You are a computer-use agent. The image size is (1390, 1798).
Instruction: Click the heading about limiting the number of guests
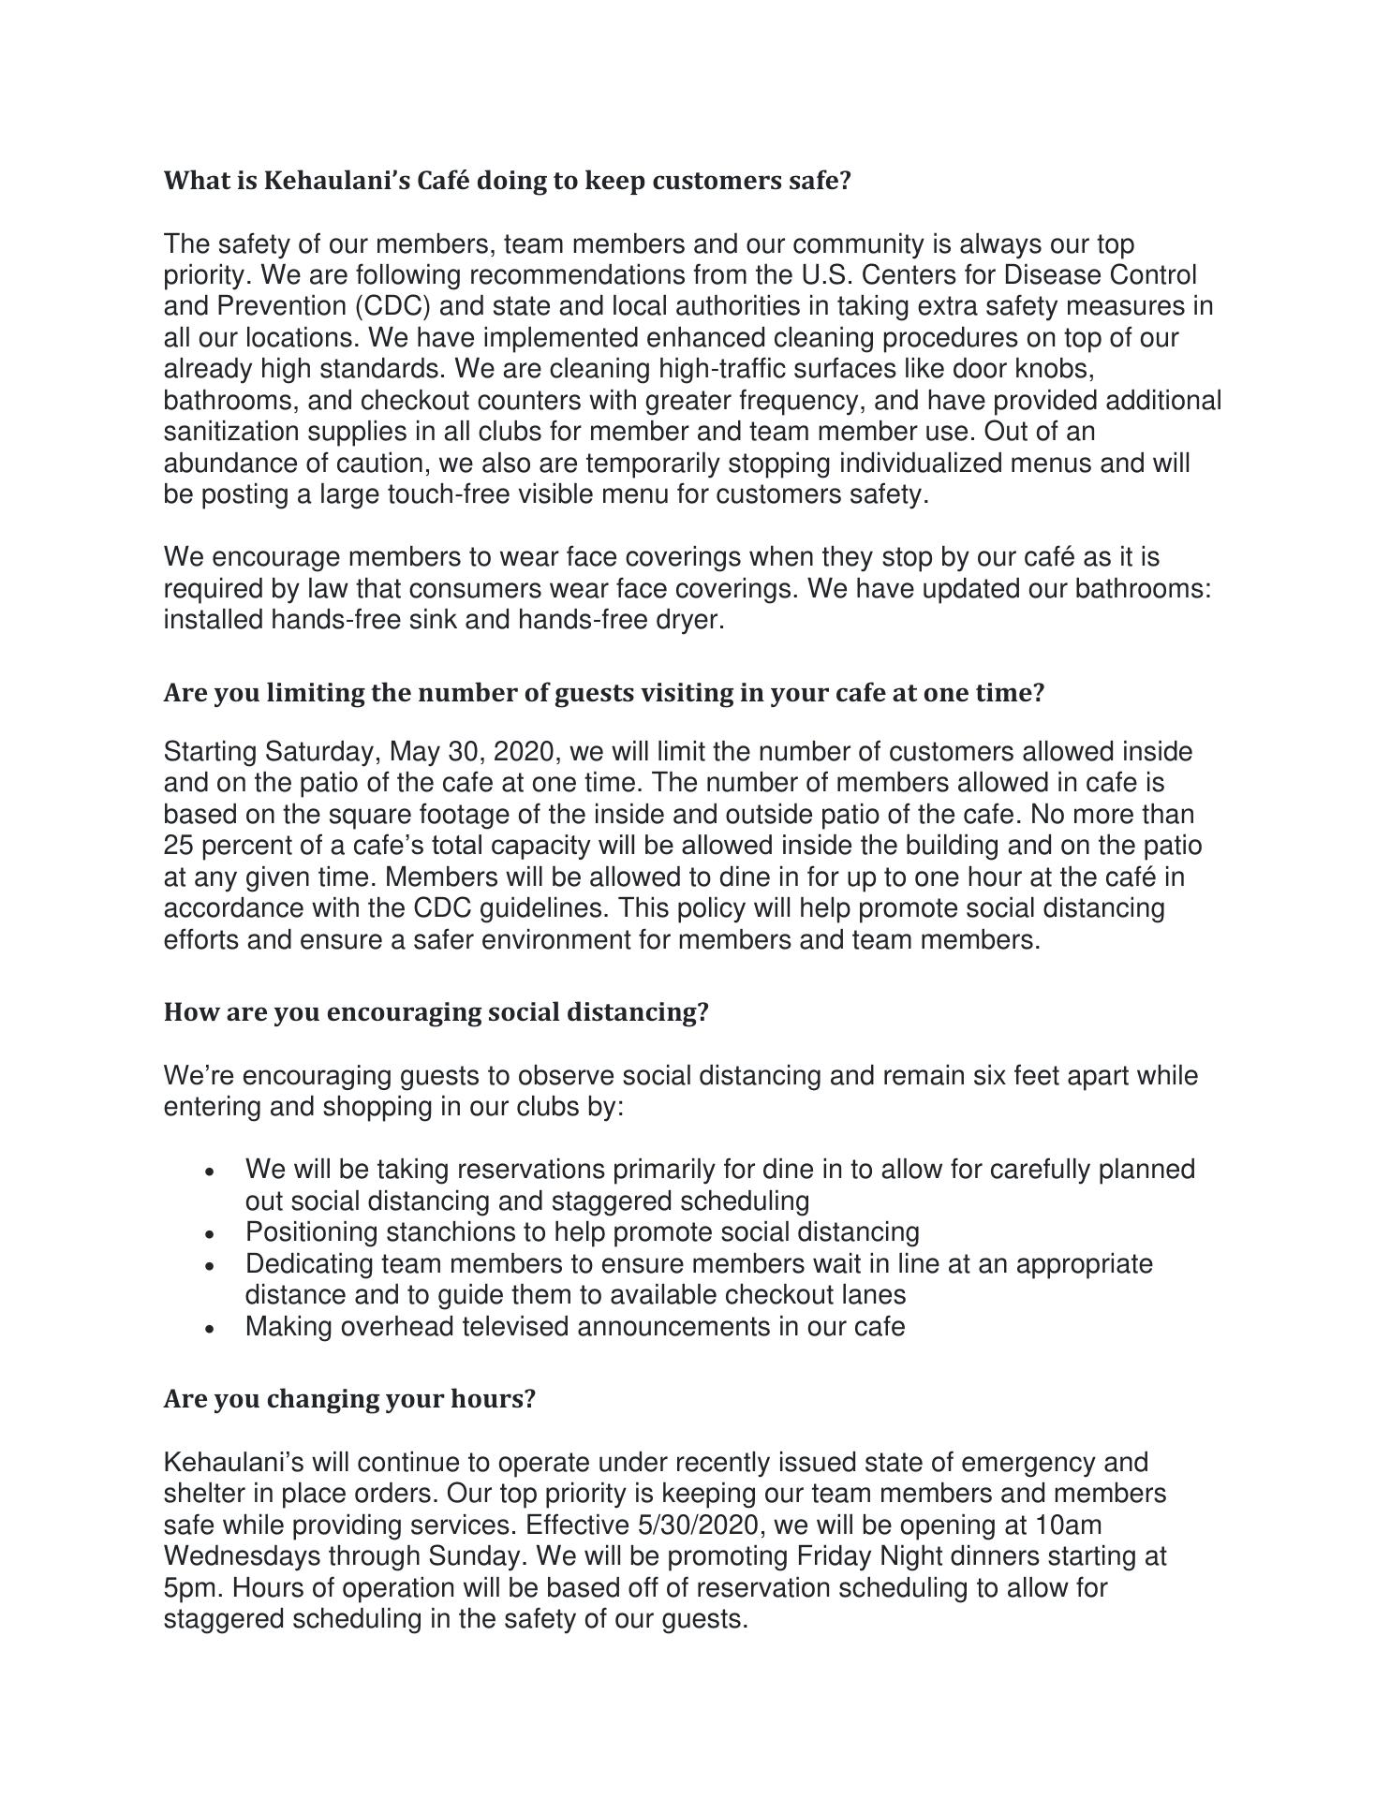coord(603,693)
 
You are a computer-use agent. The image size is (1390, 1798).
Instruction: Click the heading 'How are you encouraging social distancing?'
coord(436,1012)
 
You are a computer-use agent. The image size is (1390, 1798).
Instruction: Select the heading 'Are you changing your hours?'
coord(349,1399)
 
